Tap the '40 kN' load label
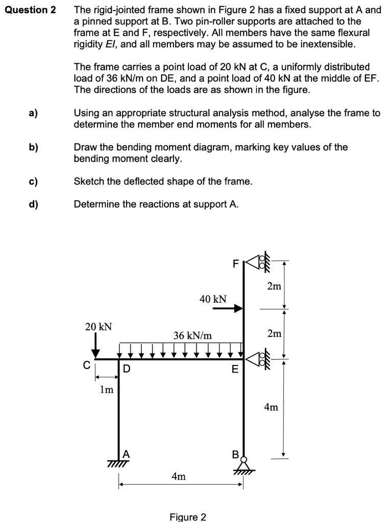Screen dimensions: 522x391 213,299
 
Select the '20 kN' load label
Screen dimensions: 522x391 99,326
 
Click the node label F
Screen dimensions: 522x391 235,264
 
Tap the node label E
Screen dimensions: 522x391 235,370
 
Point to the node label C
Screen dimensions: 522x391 86,365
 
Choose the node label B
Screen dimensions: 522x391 235,453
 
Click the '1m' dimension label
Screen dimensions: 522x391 106,390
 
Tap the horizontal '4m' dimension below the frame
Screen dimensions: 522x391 179,477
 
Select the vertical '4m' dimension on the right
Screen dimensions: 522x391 271,407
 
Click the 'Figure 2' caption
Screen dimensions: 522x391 188,517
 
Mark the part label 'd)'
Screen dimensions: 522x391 33,204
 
